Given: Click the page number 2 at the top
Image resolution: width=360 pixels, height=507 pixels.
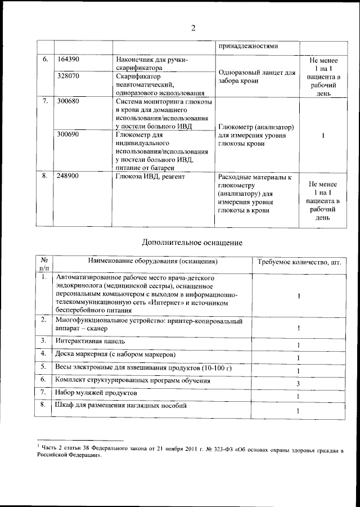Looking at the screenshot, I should click(193, 29).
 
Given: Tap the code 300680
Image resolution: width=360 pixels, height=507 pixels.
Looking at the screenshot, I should click(69, 102).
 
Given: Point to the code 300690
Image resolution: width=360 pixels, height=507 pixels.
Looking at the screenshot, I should click(69, 135).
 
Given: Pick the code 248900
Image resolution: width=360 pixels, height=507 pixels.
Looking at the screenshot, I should click(69, 176).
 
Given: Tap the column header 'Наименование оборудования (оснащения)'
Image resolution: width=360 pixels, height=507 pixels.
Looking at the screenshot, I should click(153, 262).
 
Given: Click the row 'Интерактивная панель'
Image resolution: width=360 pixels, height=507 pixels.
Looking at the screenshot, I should click(90, 341).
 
